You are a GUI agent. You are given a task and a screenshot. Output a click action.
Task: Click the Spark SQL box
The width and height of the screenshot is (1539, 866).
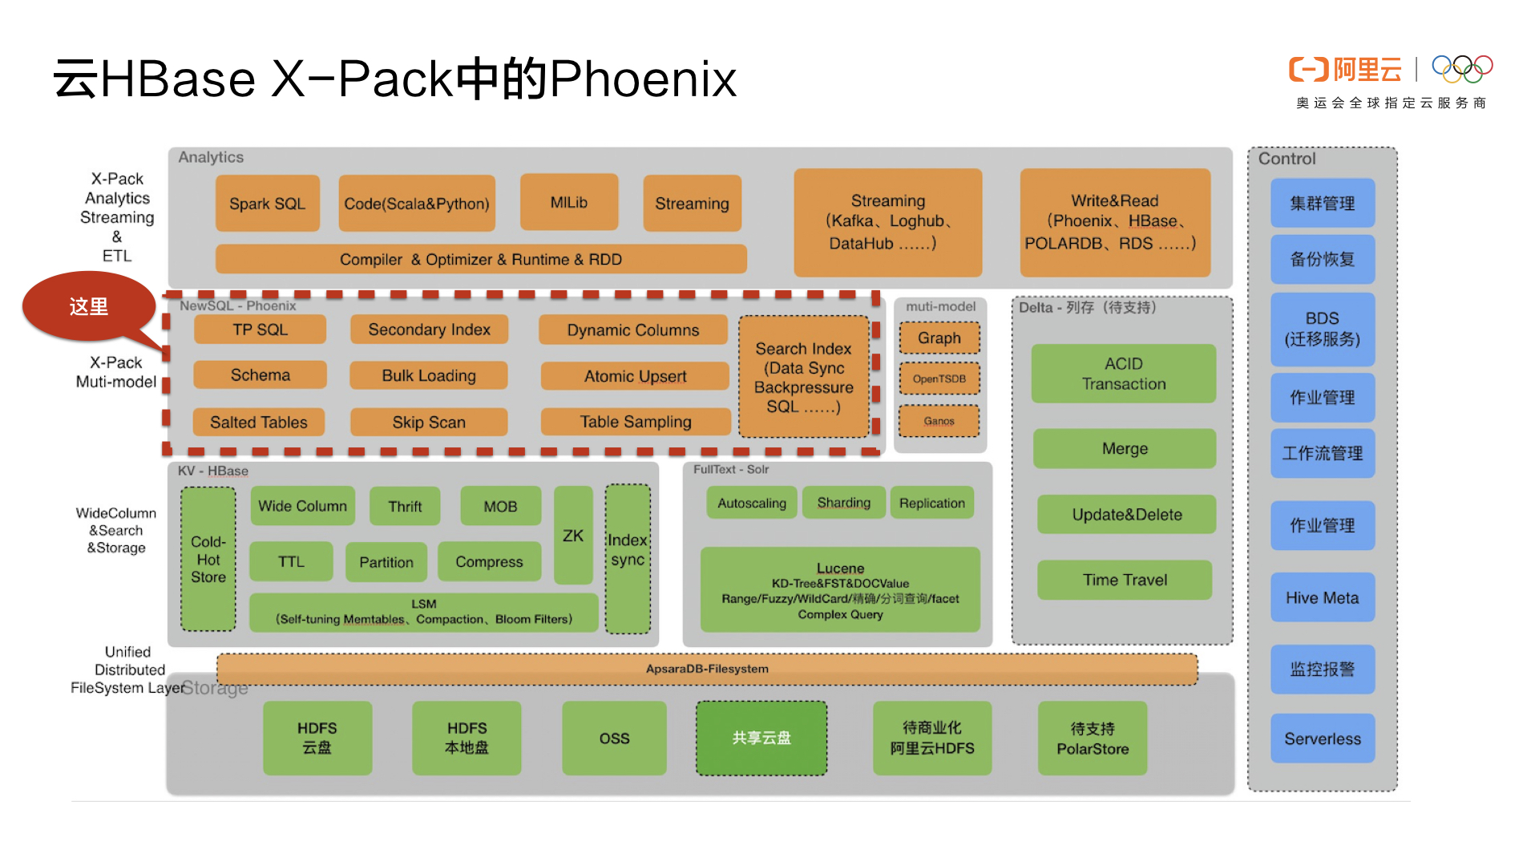(x=267, y=204)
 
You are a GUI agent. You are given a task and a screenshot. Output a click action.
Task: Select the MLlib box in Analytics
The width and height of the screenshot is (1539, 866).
(x=568, y=202)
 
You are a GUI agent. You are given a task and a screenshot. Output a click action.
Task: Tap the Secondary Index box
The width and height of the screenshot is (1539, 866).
(x=429, y=330)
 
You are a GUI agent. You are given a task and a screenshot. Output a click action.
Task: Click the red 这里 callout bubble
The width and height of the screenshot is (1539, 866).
(x=88, y=306)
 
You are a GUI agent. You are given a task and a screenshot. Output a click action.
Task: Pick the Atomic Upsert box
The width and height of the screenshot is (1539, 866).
(x=635, y=376)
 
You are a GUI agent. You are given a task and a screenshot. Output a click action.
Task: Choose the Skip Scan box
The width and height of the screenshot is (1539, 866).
(x=429, y=422)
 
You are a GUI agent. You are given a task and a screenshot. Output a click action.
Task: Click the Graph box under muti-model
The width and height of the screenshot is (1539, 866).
(x=939, y=338)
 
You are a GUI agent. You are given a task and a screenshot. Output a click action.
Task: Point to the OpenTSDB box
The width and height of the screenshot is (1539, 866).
(x=939, y=378)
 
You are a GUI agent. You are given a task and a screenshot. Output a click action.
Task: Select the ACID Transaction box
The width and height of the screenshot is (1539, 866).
(x=1123, y=374)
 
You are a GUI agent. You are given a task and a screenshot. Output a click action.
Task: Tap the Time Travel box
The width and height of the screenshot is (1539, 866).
(x=1124, y=580)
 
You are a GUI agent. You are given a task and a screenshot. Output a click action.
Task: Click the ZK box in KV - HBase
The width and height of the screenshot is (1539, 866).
(x=573, y=535)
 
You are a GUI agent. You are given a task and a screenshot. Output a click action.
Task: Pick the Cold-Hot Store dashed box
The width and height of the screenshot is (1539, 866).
(x=208, y=559)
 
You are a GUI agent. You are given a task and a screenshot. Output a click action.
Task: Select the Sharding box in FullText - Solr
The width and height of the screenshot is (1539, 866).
(x=843, y=503)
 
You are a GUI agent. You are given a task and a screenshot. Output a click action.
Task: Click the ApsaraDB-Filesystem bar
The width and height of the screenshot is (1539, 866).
(x=707, y=669)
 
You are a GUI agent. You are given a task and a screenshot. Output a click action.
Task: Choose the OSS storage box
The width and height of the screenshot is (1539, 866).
(x=614, y=739)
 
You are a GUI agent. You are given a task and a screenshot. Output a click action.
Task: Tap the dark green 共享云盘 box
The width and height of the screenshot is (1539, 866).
(x=761, y=738)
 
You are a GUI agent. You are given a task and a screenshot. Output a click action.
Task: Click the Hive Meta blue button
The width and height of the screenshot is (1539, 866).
(x=1322, y=597)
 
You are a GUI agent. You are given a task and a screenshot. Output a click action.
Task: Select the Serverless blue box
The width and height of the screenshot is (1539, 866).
(x=1322, y=739)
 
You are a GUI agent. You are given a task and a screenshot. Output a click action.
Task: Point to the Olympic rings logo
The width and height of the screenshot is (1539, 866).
(x=1462, y=69)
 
